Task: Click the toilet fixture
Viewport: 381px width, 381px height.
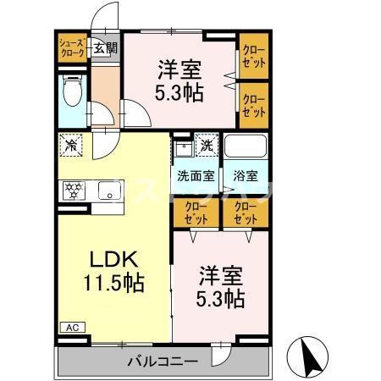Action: tap(72, 91)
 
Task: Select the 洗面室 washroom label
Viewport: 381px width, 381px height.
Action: tap(194, 177)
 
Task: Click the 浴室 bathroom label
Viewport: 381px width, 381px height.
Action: tap(246, 177)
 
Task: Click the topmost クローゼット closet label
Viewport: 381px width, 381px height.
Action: tap(253, 56)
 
